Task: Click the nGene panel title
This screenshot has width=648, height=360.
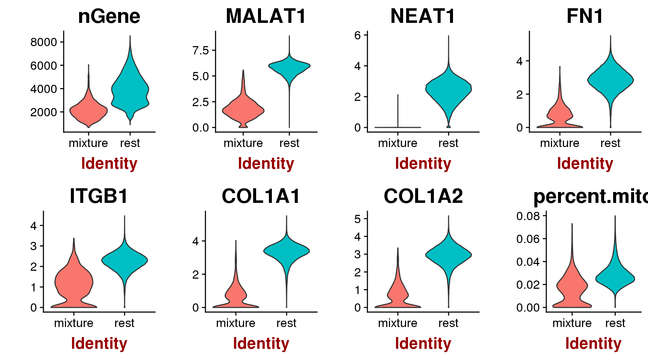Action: pos(109,16)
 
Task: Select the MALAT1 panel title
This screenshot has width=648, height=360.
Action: pos(266,16)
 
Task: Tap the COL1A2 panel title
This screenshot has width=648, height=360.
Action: pos(423,196)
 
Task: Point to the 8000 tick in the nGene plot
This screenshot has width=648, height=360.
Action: pos(43,42)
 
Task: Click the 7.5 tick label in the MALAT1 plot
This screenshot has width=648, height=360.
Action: pos(200,50)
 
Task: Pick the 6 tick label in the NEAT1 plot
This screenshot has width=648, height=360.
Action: pos(357,35)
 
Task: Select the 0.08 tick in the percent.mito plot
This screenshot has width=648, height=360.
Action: pos(528,216)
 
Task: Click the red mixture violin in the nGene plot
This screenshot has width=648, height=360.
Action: pos(88,111)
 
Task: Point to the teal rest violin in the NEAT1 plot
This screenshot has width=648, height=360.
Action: pos(448,90)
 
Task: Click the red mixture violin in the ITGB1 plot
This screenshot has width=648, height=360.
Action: pos(74,281)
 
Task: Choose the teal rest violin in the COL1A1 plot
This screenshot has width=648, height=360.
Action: pos(286,251)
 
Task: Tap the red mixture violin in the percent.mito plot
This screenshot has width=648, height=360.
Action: pos(572,289)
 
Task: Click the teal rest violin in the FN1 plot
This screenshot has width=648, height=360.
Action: pos(610,81)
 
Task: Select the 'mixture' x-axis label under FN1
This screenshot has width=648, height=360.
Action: pos(559,143)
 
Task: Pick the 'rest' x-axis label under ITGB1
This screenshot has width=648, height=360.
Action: pos(124,323)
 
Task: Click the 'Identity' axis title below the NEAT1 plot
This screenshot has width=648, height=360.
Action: pos(423,163)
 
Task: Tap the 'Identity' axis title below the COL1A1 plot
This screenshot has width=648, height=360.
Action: pos(261,343)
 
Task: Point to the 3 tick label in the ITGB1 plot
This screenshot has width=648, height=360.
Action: pos(34,246)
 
